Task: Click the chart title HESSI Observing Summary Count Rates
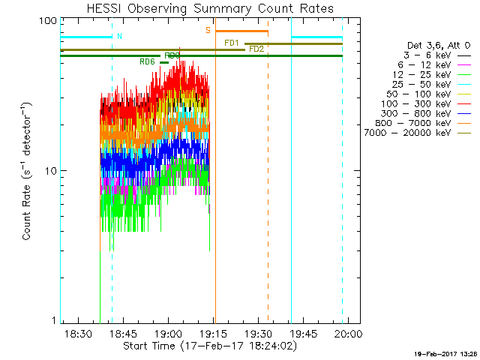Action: [201, 8]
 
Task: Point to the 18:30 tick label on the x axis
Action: [78, 332]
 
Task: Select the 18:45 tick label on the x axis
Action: [123, 332]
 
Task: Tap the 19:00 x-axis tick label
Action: [168, 332]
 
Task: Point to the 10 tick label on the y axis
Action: [51, 171]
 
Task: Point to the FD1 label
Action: [232, 43]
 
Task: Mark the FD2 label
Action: [256, 49]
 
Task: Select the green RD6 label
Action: [147, 61]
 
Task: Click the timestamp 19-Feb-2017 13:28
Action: [446, 353]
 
